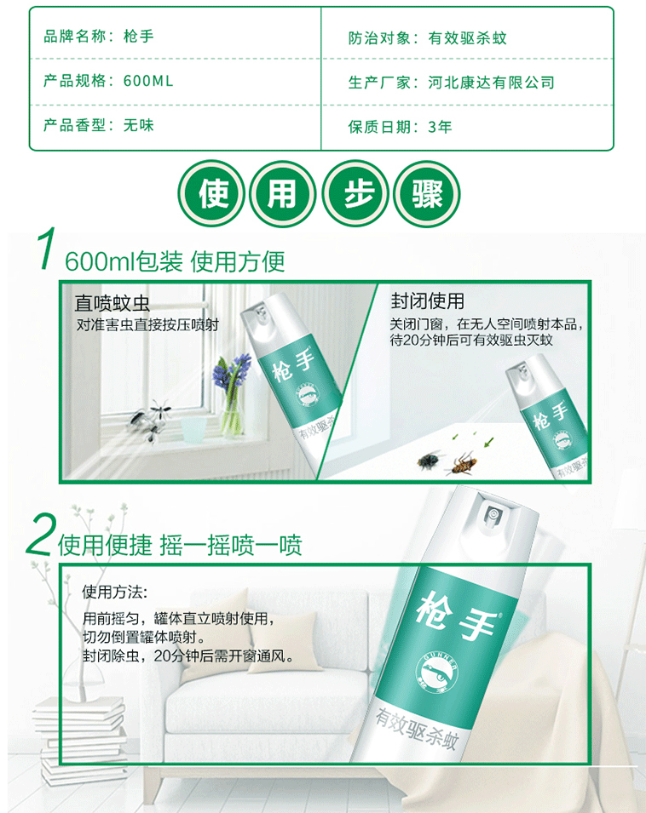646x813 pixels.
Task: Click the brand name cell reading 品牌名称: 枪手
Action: [99, 37]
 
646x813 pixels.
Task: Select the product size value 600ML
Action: [148, 81]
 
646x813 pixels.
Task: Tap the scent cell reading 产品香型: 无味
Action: [99, 125]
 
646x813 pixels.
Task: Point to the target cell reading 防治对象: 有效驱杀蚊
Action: [428, 37]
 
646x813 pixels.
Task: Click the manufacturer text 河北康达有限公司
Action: [492, 83]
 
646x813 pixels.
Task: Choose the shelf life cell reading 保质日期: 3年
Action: [400, 127]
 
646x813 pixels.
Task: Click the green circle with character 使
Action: [211, 194]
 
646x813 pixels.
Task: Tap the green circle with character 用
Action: [283, 194]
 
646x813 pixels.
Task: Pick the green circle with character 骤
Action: [427, 194]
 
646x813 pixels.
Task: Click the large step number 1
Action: [47, 249]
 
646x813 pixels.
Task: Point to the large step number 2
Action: [40, 535]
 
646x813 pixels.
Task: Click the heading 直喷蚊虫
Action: [112, 303]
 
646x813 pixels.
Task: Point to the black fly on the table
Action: [430, 460]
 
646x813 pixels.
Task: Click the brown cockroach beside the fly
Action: [464, 463]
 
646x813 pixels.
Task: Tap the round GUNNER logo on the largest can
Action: [437, 671]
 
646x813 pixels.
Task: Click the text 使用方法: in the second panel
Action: [115, 592]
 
